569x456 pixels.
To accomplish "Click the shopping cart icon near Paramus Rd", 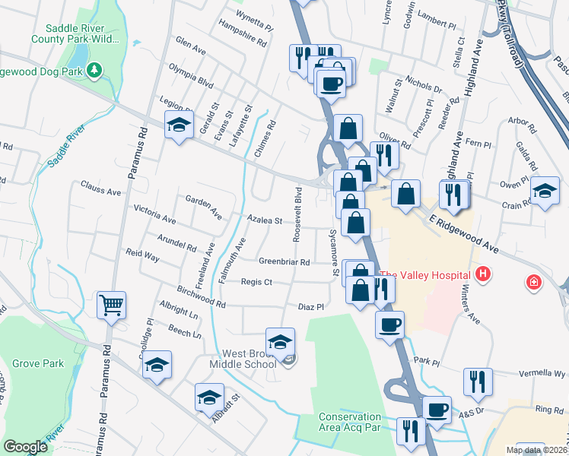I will click(x=112, y=306).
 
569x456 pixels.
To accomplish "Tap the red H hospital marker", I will click(x=481, y=273).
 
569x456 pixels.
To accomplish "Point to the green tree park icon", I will click(x=95, y=71).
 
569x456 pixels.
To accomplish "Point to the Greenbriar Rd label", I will click(x=284, y=261).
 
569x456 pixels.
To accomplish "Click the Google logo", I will click(x=26, y=447).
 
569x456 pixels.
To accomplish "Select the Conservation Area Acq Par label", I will click(x=350, y=423).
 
